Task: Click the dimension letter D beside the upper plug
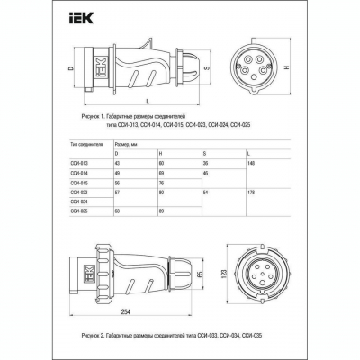[x=70, y=68]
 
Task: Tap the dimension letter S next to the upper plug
[x=207, y=67]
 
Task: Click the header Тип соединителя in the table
[x=87, y=142]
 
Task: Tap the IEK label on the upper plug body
[x=101, y=67]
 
